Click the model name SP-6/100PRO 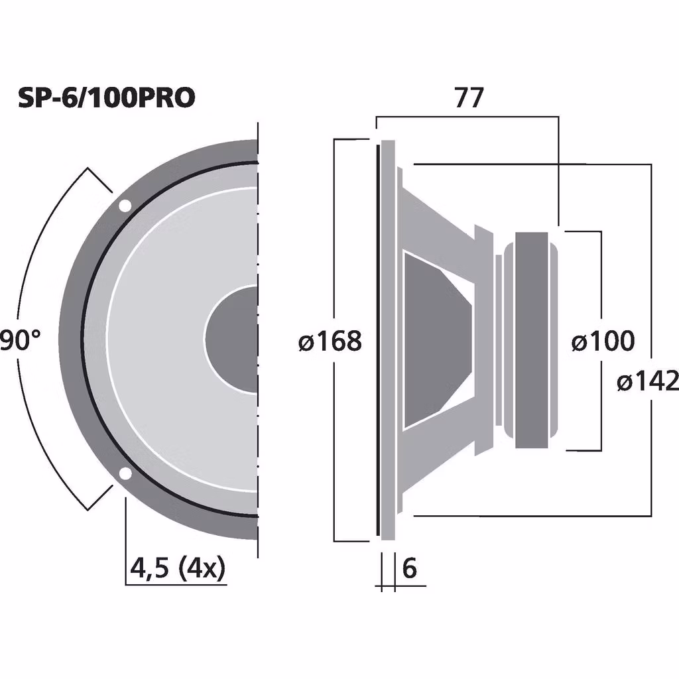(x=107, y=98)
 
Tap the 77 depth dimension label (x=469, y=98)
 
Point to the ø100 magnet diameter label (x=603, y=341)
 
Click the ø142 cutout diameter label (x=648, y=381)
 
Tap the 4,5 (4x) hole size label (x=178, y=568)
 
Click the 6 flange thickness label (x=409, y=568)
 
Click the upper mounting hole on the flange (x=125, y=206)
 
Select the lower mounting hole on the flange (x=125, y=474)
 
